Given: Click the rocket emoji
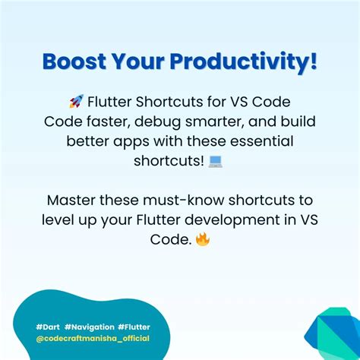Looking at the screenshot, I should coord(76,102).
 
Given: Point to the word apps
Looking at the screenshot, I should coord(151,141).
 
